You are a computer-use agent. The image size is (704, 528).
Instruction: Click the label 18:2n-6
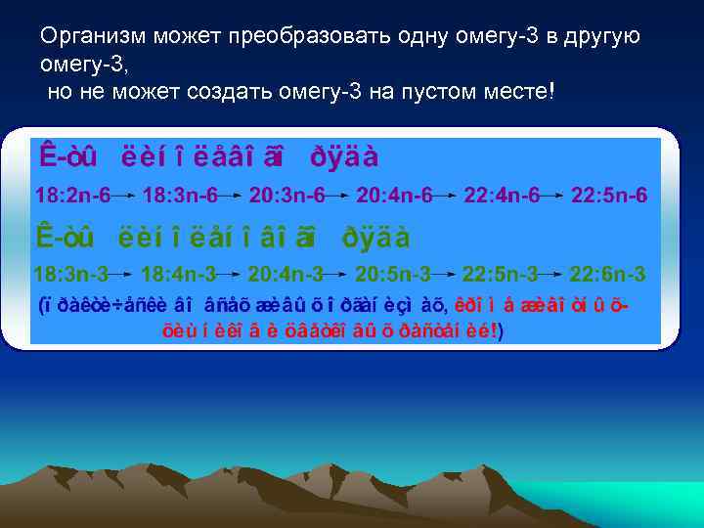click(x=72, y=196)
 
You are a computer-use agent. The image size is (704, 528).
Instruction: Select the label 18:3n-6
click(x=180, y=196)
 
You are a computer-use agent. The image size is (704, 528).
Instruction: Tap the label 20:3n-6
click(x=287, y=196)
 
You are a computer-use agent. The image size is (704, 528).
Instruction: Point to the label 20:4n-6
click(x=394, y=196)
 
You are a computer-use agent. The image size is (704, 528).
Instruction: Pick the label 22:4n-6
click(x=501, y=196)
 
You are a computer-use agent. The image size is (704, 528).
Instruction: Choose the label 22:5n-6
click(x=608, y=196)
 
